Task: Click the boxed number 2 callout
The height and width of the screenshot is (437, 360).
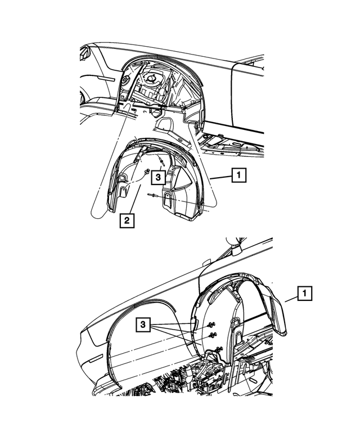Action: tap(127, 220)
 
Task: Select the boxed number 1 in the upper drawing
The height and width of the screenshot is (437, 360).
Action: tap(239, 175)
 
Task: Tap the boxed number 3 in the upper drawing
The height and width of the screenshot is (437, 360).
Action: tap(158, 177)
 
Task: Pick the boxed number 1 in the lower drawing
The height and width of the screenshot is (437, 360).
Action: tap(304, 293)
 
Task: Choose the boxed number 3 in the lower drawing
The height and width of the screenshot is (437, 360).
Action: tap(143, 325)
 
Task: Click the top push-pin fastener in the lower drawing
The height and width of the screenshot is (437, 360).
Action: tap(211, 325)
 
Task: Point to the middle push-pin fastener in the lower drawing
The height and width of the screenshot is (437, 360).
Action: tap(213, 335)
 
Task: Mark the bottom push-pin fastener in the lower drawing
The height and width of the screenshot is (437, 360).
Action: tap(219, 348)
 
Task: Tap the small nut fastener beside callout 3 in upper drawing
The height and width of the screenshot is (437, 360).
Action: tap(147, 172)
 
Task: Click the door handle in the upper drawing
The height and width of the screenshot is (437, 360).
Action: tap(107, 78)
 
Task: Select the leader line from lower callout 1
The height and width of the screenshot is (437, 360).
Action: tap(291, 300)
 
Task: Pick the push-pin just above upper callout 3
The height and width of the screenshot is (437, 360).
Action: tap(160, 160)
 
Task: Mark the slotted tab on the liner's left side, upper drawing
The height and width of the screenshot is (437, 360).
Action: tap(123, 191)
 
